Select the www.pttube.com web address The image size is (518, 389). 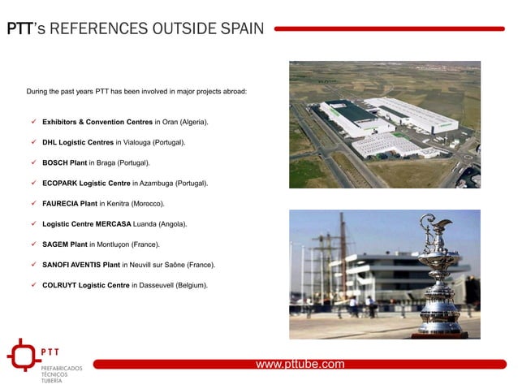(300, 364)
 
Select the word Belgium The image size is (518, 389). (192, 285)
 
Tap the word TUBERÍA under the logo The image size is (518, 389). (53, 380)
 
